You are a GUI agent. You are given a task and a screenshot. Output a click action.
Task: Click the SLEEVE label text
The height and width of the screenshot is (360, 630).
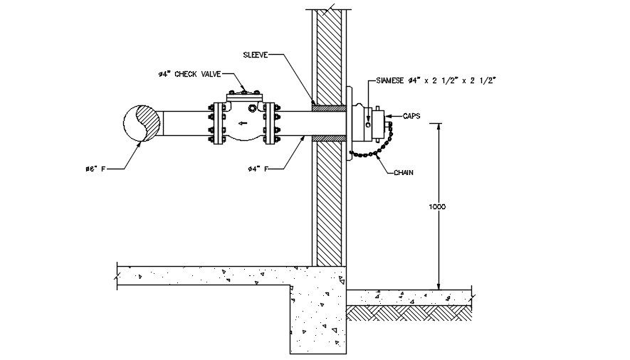click(x=255, y=54)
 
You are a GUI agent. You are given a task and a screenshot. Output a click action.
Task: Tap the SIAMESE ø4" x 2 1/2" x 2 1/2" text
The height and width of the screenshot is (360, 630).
click(x=431, y=80)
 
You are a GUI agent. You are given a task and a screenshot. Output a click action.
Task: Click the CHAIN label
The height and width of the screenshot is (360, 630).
click(x=404, y=171)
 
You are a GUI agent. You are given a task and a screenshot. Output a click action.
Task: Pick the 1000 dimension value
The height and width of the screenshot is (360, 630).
click(x=437, y=206)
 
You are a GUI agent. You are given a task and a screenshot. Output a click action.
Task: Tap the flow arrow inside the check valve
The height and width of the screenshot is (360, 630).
click(x=243, y=123)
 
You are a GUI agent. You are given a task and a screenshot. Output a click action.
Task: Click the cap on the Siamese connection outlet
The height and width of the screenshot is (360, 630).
click(x=388, y=125)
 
